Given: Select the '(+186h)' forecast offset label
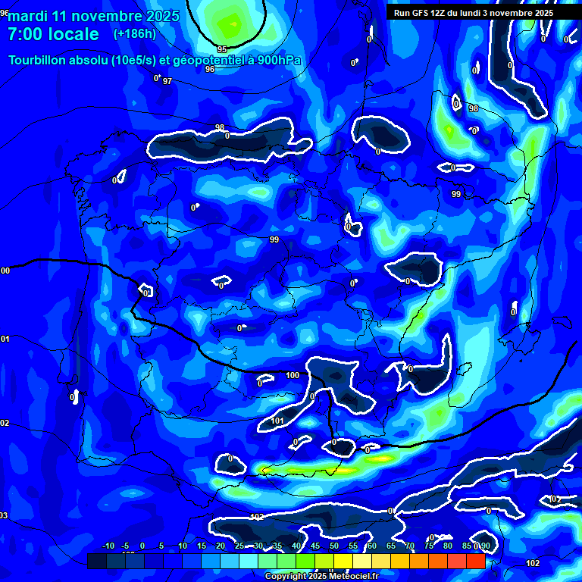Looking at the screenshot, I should pyautogui.click(x=134, y=34).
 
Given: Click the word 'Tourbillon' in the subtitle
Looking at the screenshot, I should pyautogui.click(x=39, y=61).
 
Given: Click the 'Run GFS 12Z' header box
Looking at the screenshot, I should pyautogui.click(x=473, y=13).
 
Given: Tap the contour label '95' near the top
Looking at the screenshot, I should pyautogui.click(x=221, y=49).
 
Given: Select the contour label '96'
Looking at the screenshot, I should pyautogui.click(x=210, y=69).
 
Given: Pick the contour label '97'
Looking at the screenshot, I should pyautogui.click(x=167, y=81).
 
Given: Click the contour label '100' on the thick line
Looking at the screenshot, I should pyautogui.click(x=293, y=375).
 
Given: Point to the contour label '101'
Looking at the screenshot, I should pyautogui.click(x=277, y=421).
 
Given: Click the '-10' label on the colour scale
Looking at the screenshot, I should pyautogui.click(x=108, y=546).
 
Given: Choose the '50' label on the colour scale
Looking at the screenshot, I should pyautogui.click(x=334, y=546).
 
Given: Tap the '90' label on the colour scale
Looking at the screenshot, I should pyautogui.click(x=485, y=546).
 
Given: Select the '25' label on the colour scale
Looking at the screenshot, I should pyautogui.click(x=239, y=546).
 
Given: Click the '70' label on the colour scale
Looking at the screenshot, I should pyautogui.click(x=410, y=546).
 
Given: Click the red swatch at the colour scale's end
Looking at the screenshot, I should pyautogui.click(x=475, y=562).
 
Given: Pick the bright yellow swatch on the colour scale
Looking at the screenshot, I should pyautogui.click(x=343, y=562).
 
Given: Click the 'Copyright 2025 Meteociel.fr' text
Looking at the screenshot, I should pyautogui.click(x=321, y=577).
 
